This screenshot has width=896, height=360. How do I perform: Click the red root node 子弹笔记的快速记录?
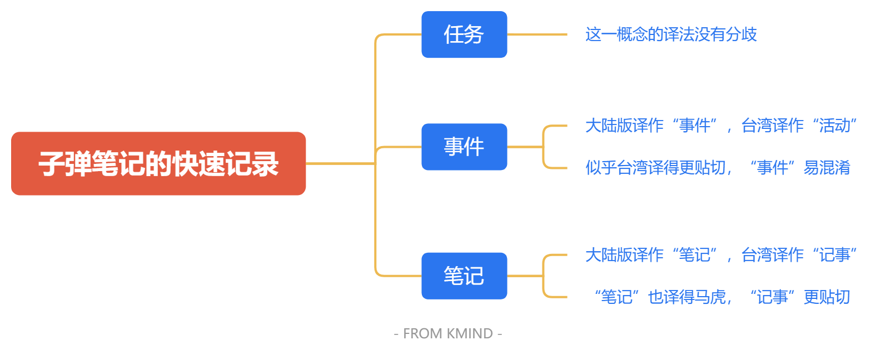[x=158, y=163]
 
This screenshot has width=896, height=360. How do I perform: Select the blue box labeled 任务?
[x=464, y=34]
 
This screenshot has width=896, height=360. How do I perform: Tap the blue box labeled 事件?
[x=464, y=147]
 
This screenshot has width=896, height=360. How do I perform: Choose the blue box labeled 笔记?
[x=464, y=276]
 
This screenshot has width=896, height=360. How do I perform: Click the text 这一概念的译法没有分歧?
[x=671, y=34]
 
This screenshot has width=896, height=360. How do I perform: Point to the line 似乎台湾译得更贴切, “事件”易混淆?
[x=717, y=167]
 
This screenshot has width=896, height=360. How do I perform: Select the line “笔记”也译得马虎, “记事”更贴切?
[x=721, y=297]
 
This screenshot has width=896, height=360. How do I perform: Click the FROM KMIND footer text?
[x=447, y=333]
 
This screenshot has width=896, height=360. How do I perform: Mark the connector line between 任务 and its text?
[x=536, y=34]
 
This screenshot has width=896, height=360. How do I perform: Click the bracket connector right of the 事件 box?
[x=544, y=147]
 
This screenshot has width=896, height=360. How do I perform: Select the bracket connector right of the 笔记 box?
[x=544, y=276]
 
